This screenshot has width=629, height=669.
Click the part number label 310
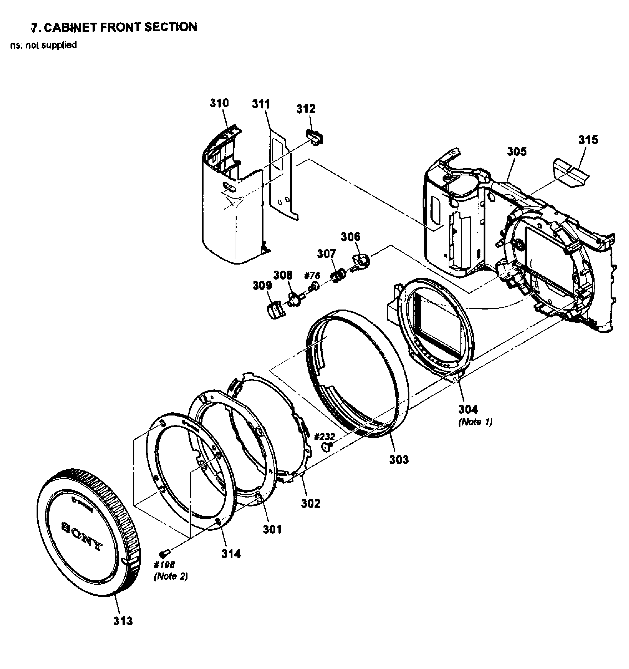[x=219, y=103]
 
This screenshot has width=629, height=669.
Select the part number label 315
[x=588, y=139]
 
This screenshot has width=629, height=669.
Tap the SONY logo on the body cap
[x=82, y=536]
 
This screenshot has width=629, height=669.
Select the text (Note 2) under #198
[x=171, y=576]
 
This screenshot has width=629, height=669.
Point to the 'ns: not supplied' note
[x=43, y=45]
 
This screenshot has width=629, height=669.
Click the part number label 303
[x=399, y=459]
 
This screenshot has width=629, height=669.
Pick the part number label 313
[x=123, y=621]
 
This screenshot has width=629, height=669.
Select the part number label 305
[x=517, y=151]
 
